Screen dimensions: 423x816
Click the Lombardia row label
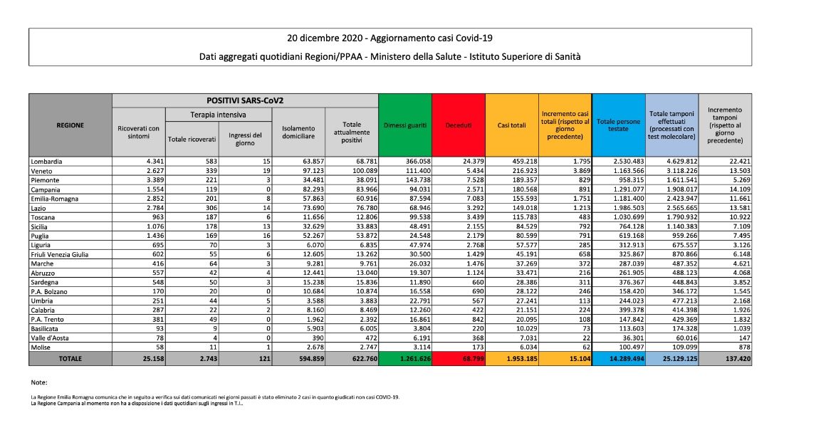(x=46, y=162)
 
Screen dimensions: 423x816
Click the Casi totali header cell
(x=511, y=125)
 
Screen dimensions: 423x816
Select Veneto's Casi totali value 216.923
(x=521, y=171)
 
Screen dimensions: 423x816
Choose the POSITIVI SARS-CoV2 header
(x=245, y=100)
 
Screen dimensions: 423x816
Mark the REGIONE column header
(x=70, y=125)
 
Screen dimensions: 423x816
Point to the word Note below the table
(x=39, y=382)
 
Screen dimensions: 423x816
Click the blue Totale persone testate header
(x=619, y=125)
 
